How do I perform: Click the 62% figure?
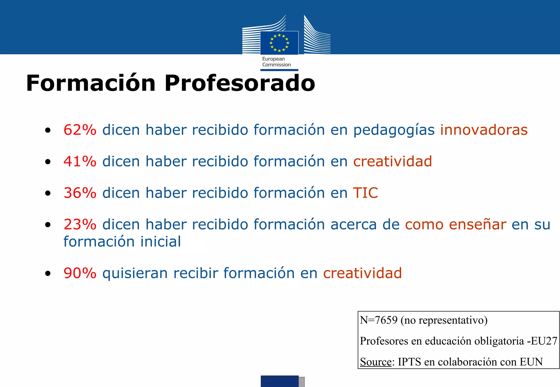tap(80, 130)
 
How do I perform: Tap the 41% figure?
tap(80, 161)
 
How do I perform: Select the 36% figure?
tap(80, 193)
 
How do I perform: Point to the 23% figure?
tap(80, 225)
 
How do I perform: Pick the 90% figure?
tap(80, 273)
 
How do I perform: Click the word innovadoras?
tap(484, 130)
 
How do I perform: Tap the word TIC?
tap(365, 193)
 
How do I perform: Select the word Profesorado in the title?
tap(240, 83)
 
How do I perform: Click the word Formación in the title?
tap(91, 83)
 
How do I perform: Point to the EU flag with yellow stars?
tap(279, 43)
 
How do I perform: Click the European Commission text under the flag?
tap(276, 62)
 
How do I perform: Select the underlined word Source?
tap(375, 362)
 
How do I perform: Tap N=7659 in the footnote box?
tap(378, 320)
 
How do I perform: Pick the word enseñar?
tap(477, 225)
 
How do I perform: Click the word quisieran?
tap(135, 273)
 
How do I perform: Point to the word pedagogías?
tap(394, 130)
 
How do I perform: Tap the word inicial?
tap(161, 242)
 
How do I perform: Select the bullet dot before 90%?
tap(48, 273)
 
